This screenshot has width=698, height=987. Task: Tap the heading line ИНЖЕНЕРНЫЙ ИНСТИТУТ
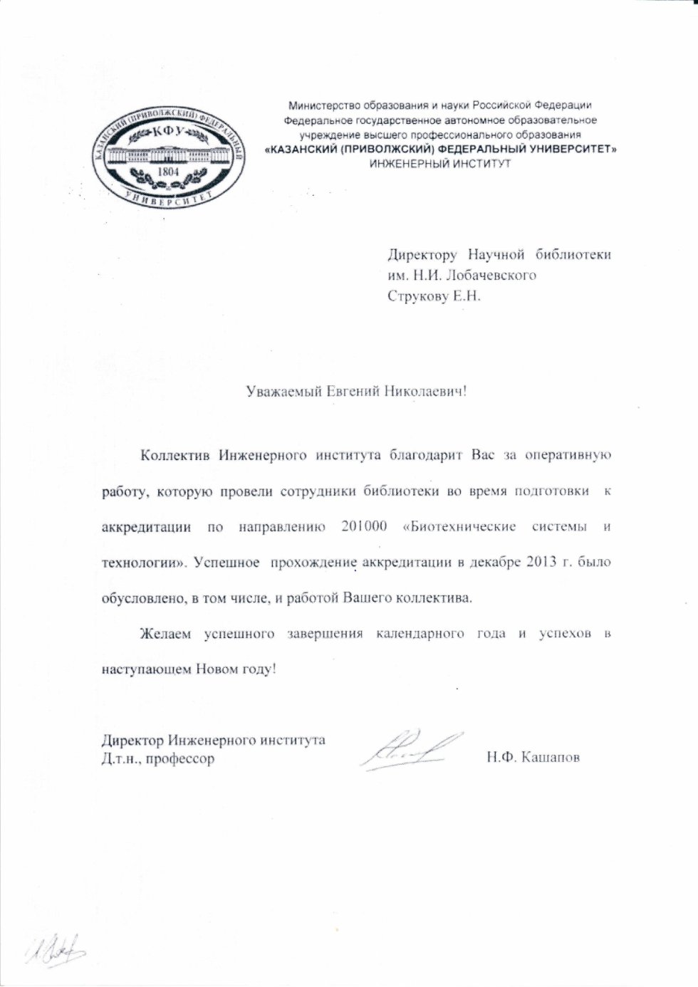coord(440,163)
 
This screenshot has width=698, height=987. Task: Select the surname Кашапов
coord(551,758)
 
